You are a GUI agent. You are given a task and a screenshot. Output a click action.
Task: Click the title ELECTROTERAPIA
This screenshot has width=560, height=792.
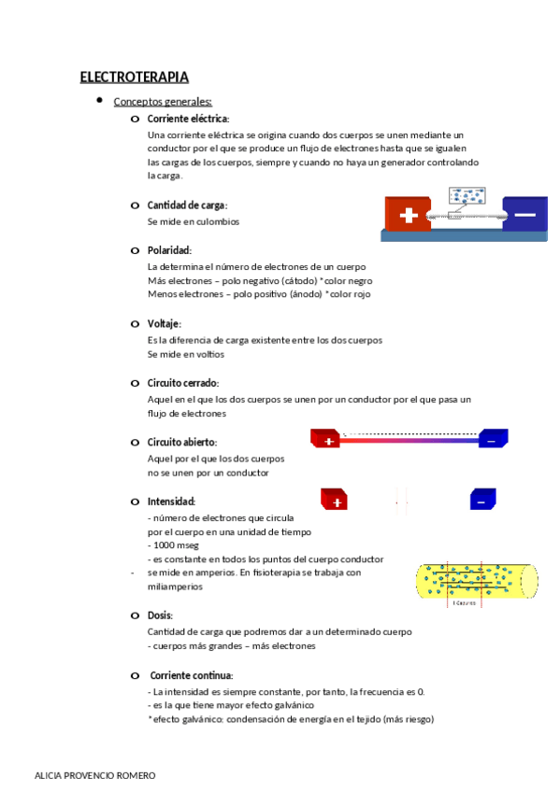coord(135,77)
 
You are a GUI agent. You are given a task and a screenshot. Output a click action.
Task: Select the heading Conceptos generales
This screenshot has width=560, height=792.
coord(163,102)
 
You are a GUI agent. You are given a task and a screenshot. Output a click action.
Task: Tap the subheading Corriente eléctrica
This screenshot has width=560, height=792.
coord(188,119)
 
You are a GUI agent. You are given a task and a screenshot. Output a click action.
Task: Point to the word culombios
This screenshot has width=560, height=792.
coord(218,222)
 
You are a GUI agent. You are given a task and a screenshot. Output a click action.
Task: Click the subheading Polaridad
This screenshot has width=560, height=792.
coord(169,250)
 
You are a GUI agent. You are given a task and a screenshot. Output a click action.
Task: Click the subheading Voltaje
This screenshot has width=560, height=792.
coord(164,323)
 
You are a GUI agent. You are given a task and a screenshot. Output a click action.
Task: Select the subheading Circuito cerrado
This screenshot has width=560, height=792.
coord(182,383)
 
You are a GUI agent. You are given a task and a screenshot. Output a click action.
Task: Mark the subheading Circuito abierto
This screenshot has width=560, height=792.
coord(181,442)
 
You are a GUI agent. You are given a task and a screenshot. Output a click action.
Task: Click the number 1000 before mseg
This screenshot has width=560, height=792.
coord(164,545)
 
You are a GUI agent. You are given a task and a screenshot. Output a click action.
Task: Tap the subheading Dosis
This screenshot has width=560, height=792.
coord(160,615)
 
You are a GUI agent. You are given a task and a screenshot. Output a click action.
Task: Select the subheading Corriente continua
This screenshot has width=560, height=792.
coord(192,675)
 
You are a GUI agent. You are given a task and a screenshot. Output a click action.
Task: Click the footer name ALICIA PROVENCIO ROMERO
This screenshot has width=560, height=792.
coord(94,776)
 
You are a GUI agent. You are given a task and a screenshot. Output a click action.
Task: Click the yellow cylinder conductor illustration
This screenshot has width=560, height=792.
coord(477,581)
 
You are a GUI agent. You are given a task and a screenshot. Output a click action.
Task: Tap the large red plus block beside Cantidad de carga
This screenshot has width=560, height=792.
coord(408,215)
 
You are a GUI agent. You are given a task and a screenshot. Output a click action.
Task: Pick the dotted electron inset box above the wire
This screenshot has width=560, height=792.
coord(467,196)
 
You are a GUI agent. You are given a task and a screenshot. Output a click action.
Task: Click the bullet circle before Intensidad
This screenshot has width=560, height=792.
coord(136,502)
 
